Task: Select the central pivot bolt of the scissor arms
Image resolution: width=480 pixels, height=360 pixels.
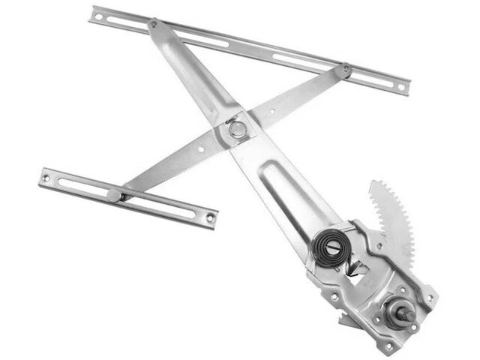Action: (238, 129)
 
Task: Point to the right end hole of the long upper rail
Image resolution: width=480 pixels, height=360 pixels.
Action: (401, 87)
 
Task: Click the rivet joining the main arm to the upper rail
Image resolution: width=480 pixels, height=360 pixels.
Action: (153, 24)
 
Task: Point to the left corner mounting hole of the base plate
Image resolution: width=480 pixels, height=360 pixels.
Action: (333, 295)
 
